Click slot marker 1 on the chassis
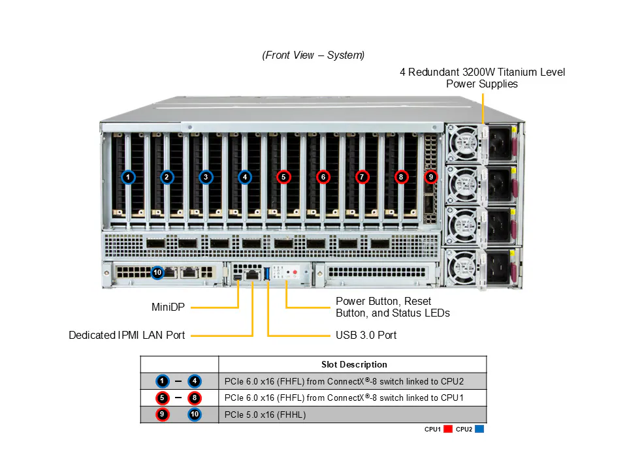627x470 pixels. (128, 177)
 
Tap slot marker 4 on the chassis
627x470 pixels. (244, 177)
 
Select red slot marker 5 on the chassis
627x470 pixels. (283, 177)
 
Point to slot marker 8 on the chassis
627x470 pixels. (400, 177)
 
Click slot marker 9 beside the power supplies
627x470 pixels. (430, 177)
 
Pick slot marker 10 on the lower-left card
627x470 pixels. (157, 272)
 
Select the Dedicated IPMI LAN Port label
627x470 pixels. (127, 336)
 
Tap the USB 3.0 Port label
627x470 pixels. (366, 336)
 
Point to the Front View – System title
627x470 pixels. (313, 55)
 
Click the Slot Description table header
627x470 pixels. (354, 365)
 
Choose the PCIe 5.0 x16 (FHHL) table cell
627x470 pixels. (265, 415)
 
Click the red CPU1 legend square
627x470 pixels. (448, 430)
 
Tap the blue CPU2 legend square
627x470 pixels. (479, 430)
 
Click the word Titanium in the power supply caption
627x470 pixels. (507, 72)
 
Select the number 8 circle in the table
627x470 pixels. (195, 398)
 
